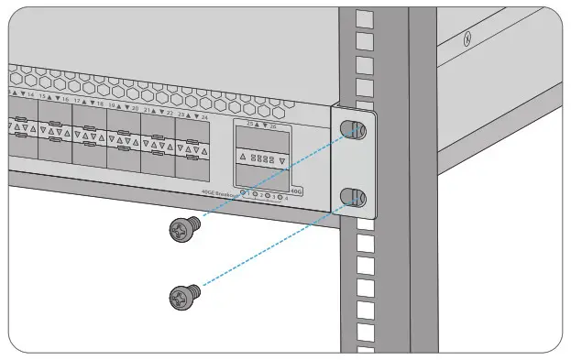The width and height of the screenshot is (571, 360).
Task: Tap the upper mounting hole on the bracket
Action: coord(356,130)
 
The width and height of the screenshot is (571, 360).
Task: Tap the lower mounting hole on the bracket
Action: coord(356,195)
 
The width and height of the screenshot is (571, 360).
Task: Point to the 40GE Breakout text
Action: coord(219,192)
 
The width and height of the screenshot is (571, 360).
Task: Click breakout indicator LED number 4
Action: coord(282,195)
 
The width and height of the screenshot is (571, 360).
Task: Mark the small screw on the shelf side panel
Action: coord(467,38)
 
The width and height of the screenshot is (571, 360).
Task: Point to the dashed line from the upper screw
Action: coord(275,178)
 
